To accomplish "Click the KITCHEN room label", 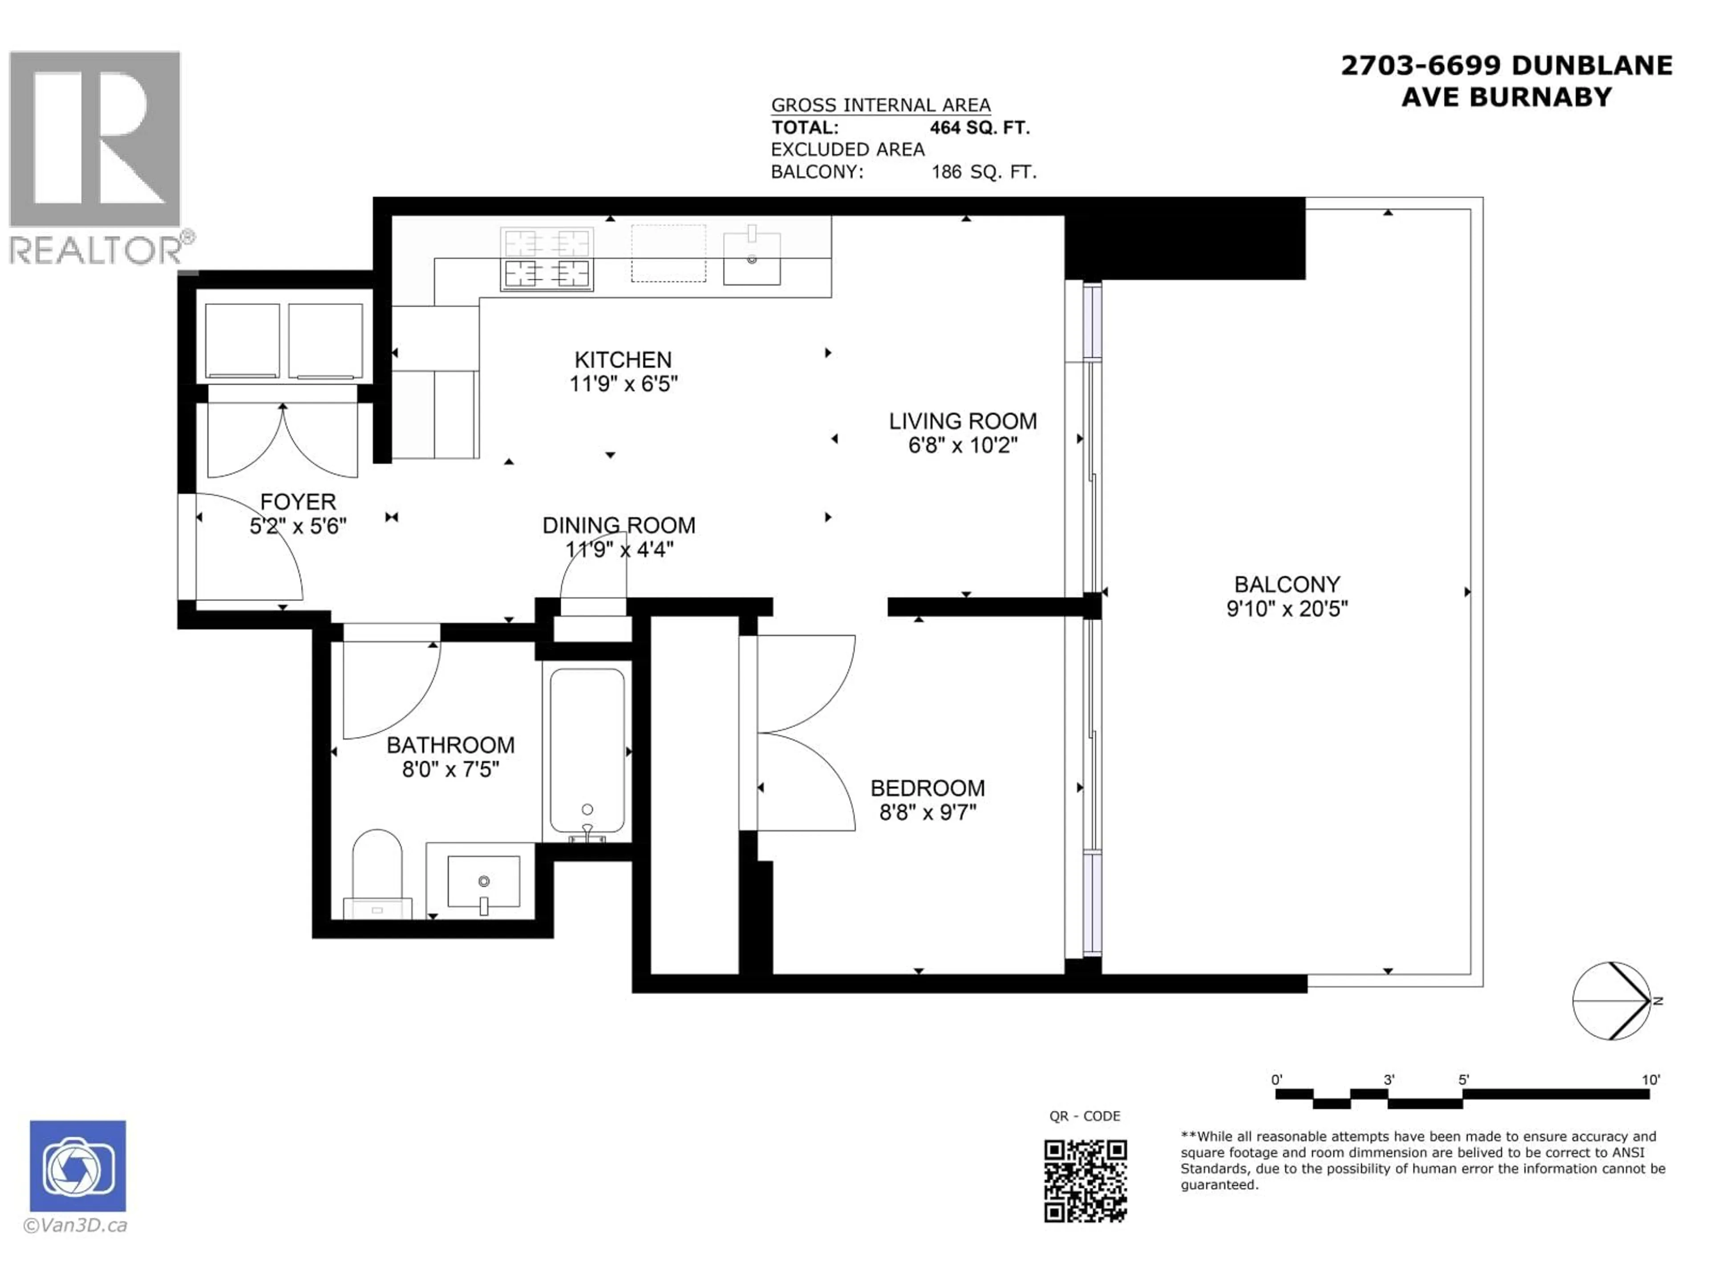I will (623, 360).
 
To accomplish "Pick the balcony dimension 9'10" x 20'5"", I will (1286, 609).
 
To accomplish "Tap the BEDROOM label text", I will (927, 788).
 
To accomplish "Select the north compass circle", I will (1611, 1001).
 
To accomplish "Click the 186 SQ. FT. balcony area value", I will (984, 171).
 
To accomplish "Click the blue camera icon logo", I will (78, 1166).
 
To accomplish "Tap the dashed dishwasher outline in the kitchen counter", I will (668, 253).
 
